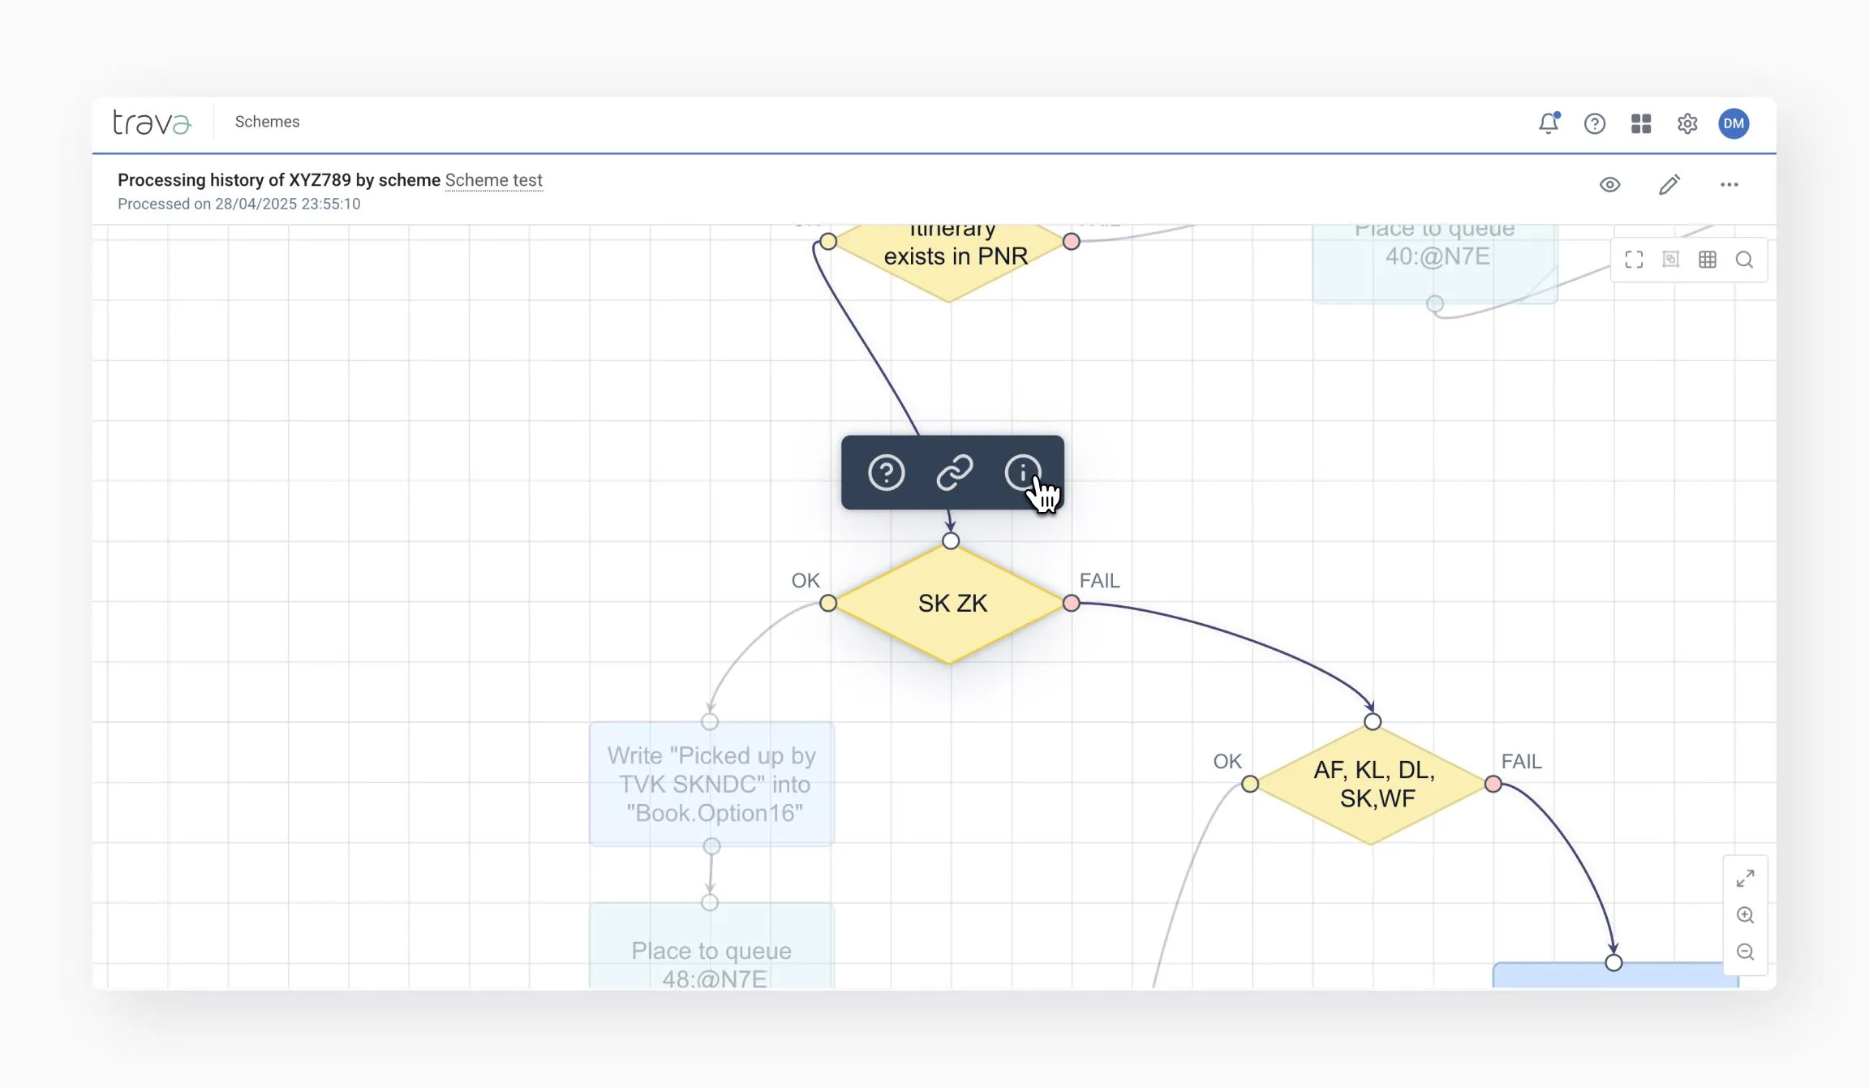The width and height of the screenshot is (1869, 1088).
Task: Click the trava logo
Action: (x=152, y=122)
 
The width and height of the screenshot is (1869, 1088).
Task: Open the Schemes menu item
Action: (x=267, y=122)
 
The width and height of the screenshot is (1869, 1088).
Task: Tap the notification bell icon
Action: (x=1549, y=123)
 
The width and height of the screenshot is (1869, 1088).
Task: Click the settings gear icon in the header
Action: (x=1687, y=123)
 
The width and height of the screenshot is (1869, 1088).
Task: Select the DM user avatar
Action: (x=1734, y=123)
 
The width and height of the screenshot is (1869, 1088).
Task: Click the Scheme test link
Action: (x=493, y=180)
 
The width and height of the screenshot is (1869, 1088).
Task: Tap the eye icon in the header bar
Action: (x=1610, y=185)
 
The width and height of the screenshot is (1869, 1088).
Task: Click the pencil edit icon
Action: (x=1669, y=185)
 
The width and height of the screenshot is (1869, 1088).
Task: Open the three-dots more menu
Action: (x=1729, y=185)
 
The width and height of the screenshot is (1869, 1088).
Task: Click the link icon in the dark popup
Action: (x=955, y=473)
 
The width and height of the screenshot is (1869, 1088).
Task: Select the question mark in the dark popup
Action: (x=886, y=473)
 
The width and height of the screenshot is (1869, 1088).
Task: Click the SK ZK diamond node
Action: (x=952, y=604)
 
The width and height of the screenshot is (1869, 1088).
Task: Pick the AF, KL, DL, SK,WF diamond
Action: (x=1373, y=784)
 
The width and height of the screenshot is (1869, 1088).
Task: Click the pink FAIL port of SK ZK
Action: (x=1072, y=603)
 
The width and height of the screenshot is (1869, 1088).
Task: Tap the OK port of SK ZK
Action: (x=828, y=603)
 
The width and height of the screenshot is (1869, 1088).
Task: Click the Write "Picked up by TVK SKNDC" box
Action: (x=711, y=784)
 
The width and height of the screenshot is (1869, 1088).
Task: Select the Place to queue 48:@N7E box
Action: (x=711, y=957)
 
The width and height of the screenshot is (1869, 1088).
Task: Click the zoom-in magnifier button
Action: (x=1746, y=915)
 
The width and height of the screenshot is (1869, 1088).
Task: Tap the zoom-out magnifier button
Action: (x=1746, y=952)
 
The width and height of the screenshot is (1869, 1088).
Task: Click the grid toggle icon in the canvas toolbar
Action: (x=1708, y=260)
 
